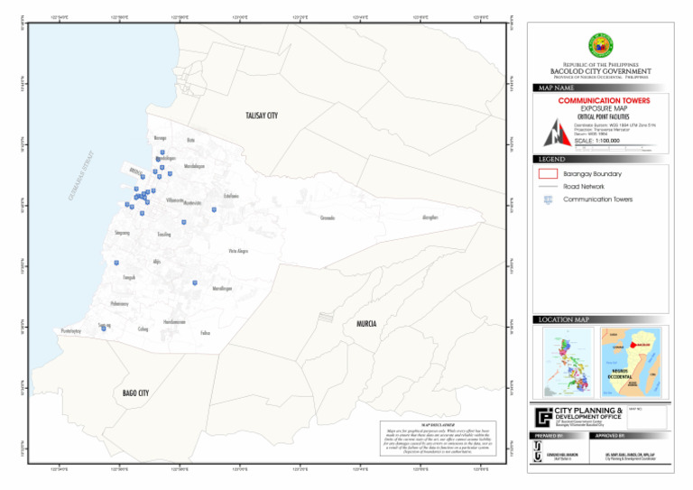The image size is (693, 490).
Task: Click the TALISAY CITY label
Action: coord(262,116)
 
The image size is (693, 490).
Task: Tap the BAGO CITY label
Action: coord(135,393)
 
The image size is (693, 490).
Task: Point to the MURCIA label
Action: coord(366,323)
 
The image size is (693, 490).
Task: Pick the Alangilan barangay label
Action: coord(430,217)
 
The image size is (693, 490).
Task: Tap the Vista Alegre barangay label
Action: coord(238,251)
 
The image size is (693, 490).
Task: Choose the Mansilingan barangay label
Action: coord(222,289)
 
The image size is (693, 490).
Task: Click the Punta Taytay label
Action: coord(71,332)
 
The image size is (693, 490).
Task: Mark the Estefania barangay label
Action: coord(231,196)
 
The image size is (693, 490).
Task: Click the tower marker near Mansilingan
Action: coord(195,282)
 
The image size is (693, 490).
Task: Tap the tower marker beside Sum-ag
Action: coord(104,328)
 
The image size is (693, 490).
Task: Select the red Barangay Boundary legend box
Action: coord(547,173)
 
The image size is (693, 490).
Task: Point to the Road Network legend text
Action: coord(585,187)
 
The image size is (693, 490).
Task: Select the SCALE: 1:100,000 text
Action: coord(596,141)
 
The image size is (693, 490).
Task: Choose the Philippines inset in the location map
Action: coord(566,362)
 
